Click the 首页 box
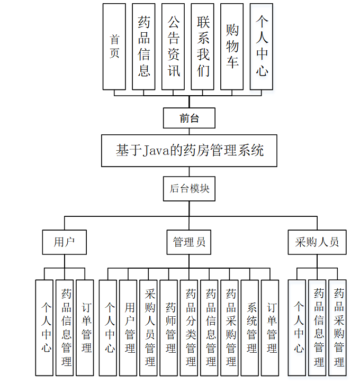tap(114, 47)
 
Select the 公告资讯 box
tap(174, 47)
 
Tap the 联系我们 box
tap(203, 47)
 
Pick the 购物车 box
tap(232, 47)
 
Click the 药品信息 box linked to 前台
tap(144, 47)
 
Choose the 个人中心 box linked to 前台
tap(262, 47)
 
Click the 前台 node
tap(189, 118)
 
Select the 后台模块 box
tap(189, 188)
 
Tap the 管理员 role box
tap(189, 242)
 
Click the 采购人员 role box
tap(317, 242)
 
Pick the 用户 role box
tap(64, 242)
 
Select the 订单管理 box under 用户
tap(85, 327)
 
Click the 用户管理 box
tap(130, 327)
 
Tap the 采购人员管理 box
tap(150, 327)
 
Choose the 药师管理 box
tap(170, 327)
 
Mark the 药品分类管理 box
tap(191, 327)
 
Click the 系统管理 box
tap(251, 327)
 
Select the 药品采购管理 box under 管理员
tap(231, 327)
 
